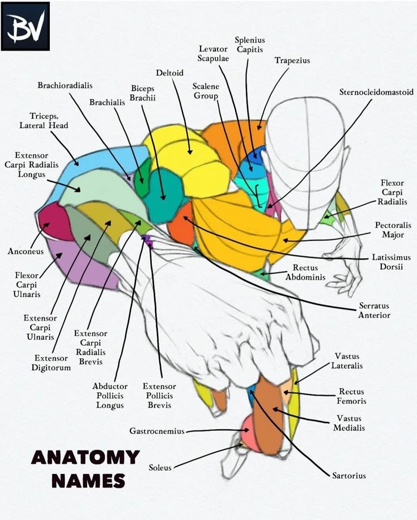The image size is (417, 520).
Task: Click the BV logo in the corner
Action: pos(25,26)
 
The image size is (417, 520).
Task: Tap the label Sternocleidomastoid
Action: pos(376,92)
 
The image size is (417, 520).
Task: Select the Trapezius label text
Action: pos(292,61)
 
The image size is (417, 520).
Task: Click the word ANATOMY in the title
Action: pos(85,457)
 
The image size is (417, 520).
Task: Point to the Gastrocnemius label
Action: pos(157,431)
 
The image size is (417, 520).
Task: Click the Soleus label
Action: pos(160,468)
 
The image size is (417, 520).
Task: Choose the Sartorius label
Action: pos(348,475)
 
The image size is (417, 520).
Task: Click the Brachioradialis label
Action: pos(65,86)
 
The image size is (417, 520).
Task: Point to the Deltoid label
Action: pos(169,73)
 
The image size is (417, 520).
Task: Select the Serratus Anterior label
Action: pos(374,310)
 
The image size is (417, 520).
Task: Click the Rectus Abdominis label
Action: pos(305,272)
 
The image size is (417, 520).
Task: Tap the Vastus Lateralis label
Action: pos(348,361)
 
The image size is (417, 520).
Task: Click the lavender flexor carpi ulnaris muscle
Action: pos(79,267)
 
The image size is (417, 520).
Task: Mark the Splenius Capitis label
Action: pos(250,45)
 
